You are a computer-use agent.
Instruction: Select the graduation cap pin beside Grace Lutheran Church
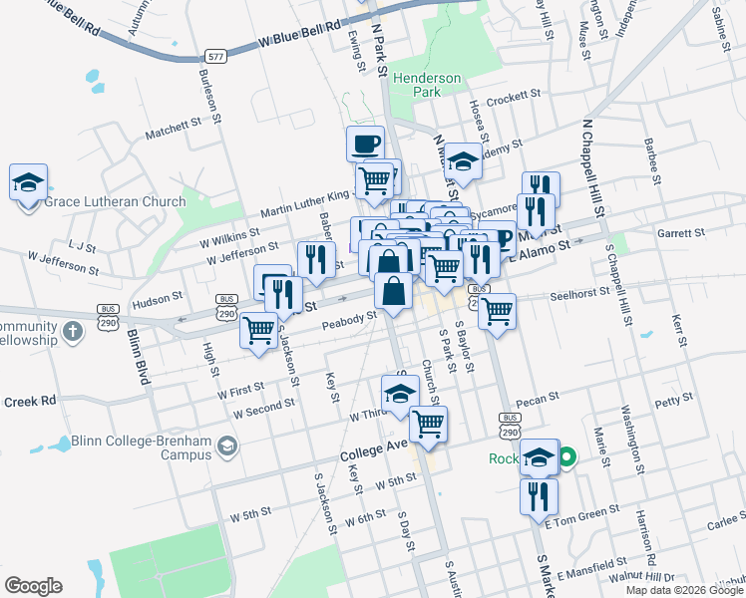pos(28,182)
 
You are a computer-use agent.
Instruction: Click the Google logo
pos(33,586)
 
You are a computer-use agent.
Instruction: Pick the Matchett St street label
pos(173,128)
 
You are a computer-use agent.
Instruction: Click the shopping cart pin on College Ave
pos(428,423)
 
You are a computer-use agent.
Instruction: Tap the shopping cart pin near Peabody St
pos(259,329)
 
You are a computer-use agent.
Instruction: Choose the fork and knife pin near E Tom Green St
pos(539,495)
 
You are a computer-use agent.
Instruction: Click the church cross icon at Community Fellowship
pos(72,330)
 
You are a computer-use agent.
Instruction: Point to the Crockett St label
pos(513,98)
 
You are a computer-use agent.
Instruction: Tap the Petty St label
pos(673,401)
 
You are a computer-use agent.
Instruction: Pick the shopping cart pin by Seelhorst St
pos(497,310)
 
